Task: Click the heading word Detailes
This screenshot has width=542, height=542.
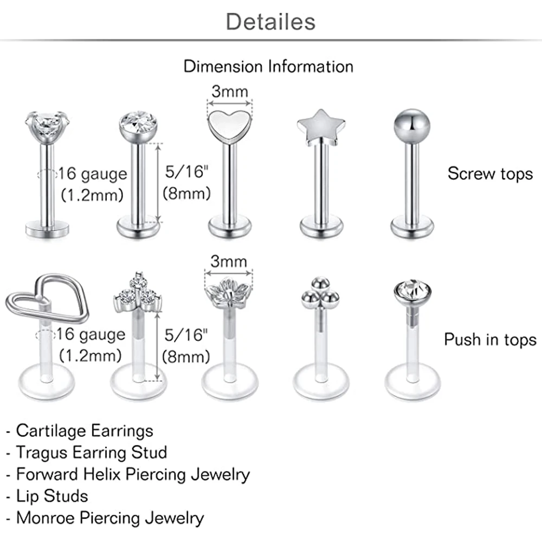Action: tap(270, 22)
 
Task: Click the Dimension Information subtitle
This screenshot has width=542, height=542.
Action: tap(268, 67)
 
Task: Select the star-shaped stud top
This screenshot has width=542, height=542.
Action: tap(319, 119)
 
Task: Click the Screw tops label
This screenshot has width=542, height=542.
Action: tap(490, 173)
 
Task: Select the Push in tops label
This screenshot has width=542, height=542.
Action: tap(490, 340)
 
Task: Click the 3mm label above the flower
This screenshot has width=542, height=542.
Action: tap(228, 262)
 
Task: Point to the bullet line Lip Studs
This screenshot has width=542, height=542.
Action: tap(51, 496)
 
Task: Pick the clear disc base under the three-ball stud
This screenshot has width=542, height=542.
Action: tap(320, 384)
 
